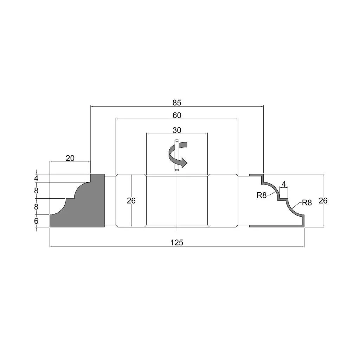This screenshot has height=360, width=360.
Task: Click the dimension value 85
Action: click(x=177, y=103)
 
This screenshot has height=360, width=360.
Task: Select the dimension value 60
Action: click(x=177, y=115)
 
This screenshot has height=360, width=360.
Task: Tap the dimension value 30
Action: click(x=177, y=130)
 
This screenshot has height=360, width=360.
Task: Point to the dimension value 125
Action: click(x=177, y=242)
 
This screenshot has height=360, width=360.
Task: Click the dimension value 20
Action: click(x=70, y=158)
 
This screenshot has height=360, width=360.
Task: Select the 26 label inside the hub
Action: click(x=131, y=200)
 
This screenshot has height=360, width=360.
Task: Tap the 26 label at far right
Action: click(x=323, y=200)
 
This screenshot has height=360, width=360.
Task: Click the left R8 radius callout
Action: click(x=262, y=195)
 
